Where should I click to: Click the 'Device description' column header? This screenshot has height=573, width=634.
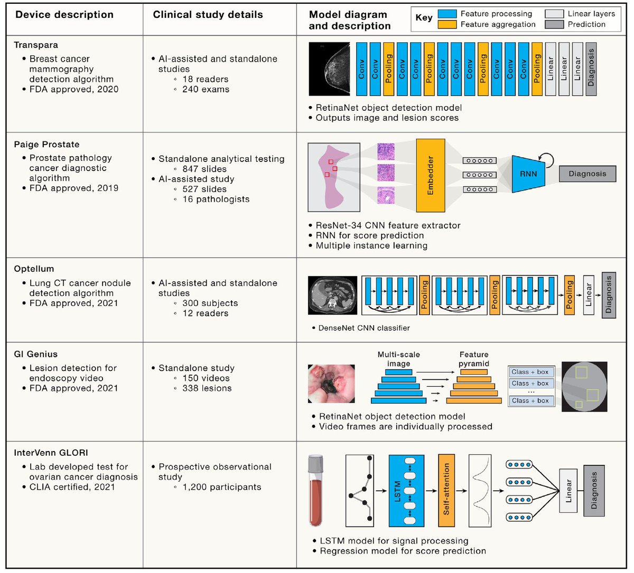click(x=64, y=15)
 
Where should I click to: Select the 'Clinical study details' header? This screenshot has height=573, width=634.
click(x=208, y=15)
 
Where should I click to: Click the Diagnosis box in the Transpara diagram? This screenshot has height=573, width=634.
click(x=591, y=69)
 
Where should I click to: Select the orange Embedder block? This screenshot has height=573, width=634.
click(x=430, y=175)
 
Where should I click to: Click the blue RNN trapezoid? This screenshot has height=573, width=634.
click(x=528, y=174)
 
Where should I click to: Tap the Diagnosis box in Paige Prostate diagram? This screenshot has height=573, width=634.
click(x=588, y=174)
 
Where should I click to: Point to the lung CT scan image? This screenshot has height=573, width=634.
click(x=332, y=295)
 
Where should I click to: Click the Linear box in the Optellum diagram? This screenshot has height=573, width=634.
click(x=589, y=295)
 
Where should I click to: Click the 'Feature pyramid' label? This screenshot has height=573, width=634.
click(x=474, y=359)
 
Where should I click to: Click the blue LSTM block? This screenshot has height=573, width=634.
click(x=406, y=491)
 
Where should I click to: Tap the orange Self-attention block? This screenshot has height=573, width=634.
click(x=446, y=491)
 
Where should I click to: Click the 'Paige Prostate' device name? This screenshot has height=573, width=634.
click(x=46, y=145)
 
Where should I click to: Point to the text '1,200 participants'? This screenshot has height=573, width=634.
click(x=221, y=487)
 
